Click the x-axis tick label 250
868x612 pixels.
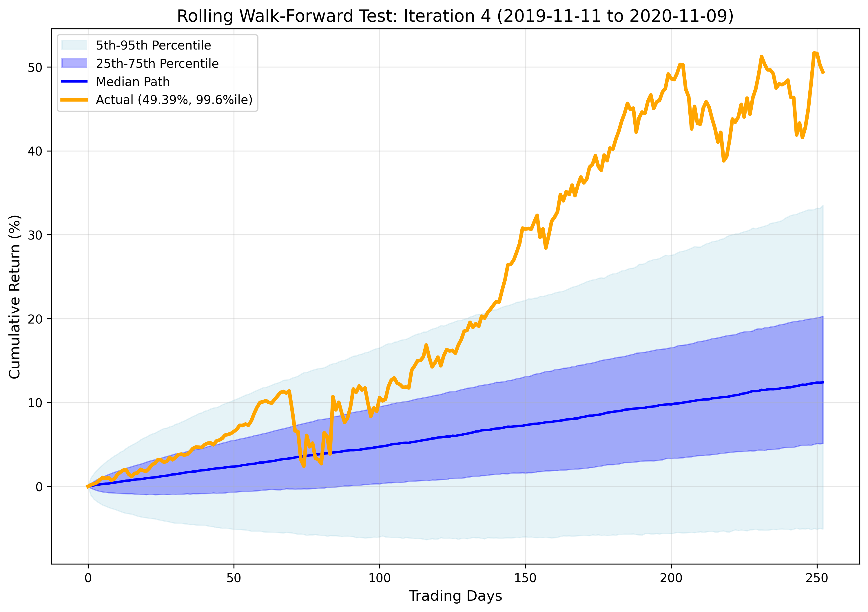pyautogui.click(x=817, y=578)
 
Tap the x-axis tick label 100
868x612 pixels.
pyautogui.click(x=380, y=578)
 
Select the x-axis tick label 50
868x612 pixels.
pyautogui.click(x=234, y=578)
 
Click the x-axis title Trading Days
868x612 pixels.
pyautogui.click(x=455, y=596)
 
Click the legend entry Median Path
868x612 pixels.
pyautogui.click(x=133, y=82)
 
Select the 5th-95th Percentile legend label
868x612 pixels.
pyautogui.click(x=153, y=45)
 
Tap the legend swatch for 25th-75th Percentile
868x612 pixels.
pyautogui.click(x=74, y=63)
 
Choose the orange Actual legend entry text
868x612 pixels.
pyautogui.click(x=174, y=100)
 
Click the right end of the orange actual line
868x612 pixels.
pyautogui.click(x=823, y=73)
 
